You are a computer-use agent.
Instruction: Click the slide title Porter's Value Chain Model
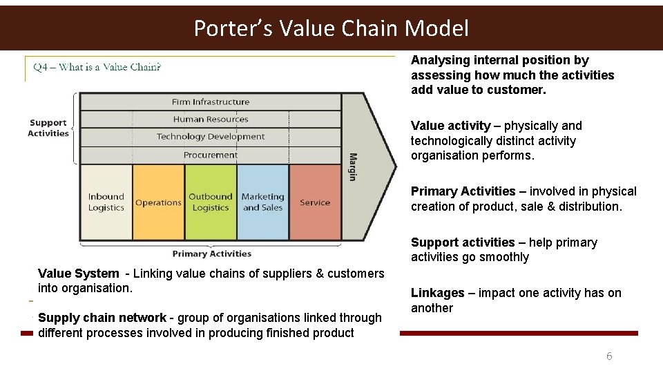click(331, 28)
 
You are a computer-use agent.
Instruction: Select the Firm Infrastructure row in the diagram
click(211, 102)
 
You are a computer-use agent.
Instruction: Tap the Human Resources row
click(211, 119)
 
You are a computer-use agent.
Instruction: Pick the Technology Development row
click(211, 137)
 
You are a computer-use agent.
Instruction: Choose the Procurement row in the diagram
click(211, 155)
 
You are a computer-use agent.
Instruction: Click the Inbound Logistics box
click(106, 202)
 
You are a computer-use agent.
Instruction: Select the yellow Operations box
click(158, 202)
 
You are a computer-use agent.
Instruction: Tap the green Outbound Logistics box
click(211, 202)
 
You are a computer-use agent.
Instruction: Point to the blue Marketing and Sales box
click(262, 202)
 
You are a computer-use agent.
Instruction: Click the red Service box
click(315, 202)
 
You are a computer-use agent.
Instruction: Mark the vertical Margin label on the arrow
click(352, 166)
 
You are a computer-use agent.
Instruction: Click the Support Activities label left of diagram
click(48, 128)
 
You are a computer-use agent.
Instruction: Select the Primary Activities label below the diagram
click(211, 254)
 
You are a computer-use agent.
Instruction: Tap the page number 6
click(609, 356)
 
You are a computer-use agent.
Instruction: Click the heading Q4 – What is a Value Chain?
click(97, 67)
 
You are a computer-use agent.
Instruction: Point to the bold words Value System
click(78, 274)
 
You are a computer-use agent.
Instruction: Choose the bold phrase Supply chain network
click(102, 318)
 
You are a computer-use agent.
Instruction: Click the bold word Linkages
click(438, 293)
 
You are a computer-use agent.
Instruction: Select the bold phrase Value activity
click(451, 126)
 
